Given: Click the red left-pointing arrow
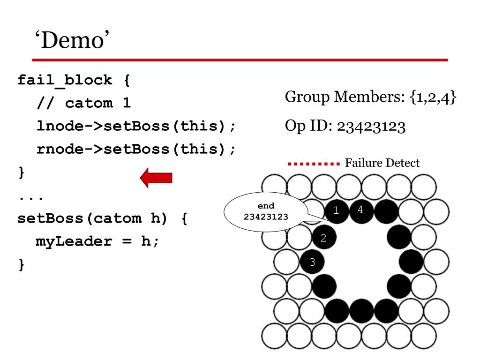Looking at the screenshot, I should coord(157,178).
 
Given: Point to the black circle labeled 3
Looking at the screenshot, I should coord(312,262).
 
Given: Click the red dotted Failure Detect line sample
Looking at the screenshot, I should coord(313,164).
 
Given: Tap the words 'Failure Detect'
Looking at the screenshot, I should coord(382,163).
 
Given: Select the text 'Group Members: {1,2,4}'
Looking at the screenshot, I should coord(370,97).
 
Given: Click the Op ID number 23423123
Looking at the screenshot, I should coord(370,127).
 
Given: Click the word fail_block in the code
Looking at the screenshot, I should coord(65,80).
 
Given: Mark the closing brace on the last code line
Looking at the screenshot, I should coord(21,264).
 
